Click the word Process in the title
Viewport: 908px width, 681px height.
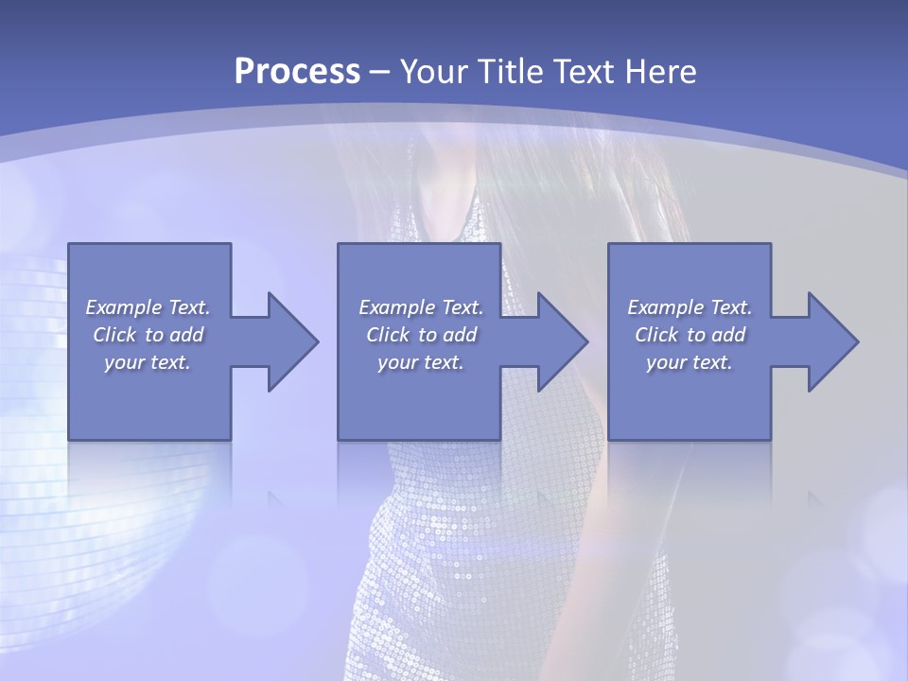pyautogui.click(x=297, y=71)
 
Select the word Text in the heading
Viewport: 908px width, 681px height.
pyautogui.click(x=585, y=71)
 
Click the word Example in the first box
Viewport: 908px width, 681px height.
pyautogui.click(x=123, y=307)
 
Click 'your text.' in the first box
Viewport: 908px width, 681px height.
pyautogui.click(x=148, y=362)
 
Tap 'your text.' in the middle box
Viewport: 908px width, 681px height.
pyautogui.click(x=420, y=362)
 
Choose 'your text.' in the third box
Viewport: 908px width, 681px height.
pyautogui.click(x=690, y=362)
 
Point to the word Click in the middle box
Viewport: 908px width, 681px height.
pyautogui.click(x=388, y=335)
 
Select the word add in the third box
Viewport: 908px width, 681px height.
pyautogui.click(x=729, y=335)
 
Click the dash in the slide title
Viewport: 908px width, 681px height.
pyautogui.click(x=380, y=72)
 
